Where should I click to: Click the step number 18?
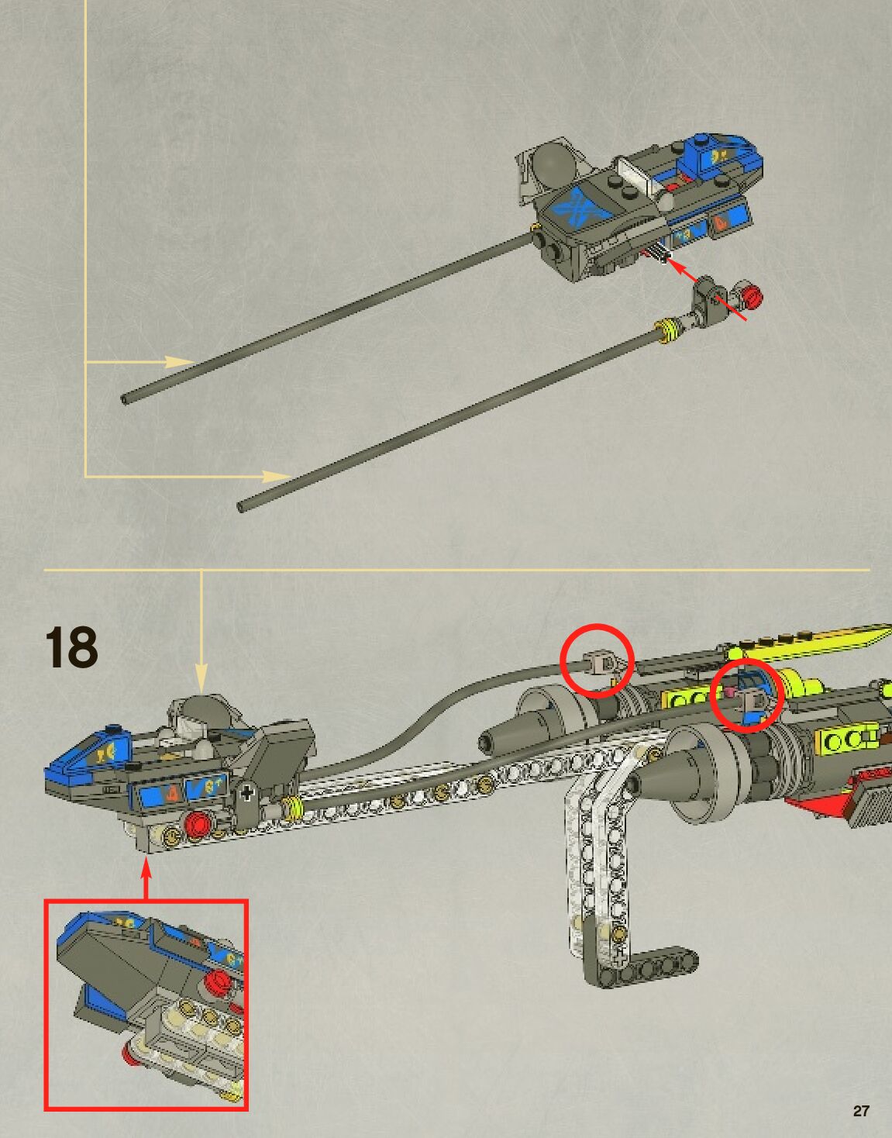71,647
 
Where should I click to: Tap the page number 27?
861,1111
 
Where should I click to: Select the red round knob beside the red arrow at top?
750,295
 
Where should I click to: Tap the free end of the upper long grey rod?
126,399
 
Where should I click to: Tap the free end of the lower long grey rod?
242,507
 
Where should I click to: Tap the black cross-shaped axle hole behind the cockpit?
247,793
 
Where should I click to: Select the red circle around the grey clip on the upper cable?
597,660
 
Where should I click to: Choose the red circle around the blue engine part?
746,695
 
